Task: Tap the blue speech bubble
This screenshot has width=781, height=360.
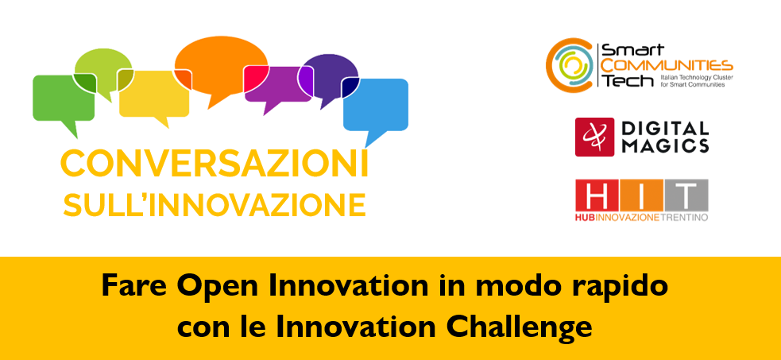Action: [x=376, y=106]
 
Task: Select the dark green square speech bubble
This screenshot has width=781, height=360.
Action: [x=64, y=99]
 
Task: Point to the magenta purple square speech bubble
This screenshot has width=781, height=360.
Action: [x=277, y=85]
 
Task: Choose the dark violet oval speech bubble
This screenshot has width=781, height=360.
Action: [x=329, y=75]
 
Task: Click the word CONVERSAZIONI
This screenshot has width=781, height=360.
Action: [x=215, y=165]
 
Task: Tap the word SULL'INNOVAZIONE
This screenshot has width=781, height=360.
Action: [x=215, y=205]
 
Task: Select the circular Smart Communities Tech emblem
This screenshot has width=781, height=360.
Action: [x=570, y=64]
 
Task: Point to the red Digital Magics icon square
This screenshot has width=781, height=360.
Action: [x=595, y=137]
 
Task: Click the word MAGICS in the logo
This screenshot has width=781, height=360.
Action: [x=665, y=145]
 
